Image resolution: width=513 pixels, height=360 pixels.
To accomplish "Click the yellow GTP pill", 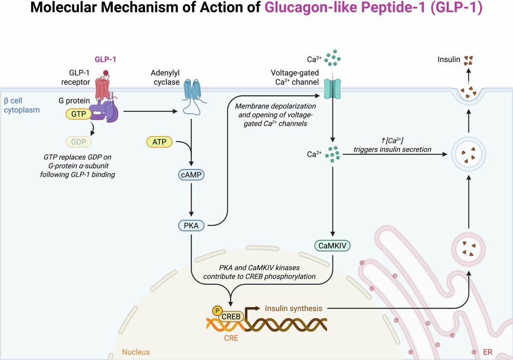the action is point(79,114).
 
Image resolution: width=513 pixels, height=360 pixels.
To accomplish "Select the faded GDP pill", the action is point(79,142).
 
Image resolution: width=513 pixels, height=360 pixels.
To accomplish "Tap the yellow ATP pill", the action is point(159,142).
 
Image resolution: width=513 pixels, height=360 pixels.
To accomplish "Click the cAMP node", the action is point(191,175).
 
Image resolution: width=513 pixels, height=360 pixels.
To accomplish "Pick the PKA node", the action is point(191,226).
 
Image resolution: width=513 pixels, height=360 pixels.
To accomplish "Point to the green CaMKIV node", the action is point(332,246).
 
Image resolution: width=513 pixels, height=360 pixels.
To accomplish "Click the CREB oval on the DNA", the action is point(231,316).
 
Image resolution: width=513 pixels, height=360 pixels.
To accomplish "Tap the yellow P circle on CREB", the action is point(217,311).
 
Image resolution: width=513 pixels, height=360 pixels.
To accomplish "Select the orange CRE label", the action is point(231,338).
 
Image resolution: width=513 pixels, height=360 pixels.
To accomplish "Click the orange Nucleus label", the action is point(136,352).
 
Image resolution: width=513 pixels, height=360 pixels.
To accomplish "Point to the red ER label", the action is point(488,352).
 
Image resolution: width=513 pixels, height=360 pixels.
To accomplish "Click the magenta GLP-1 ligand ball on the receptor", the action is point(106,73).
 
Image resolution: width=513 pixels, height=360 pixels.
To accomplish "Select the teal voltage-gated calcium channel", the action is point(333,89).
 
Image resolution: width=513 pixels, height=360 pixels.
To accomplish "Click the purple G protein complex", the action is point(104,111).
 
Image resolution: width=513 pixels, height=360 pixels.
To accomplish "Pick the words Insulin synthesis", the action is point(293,308).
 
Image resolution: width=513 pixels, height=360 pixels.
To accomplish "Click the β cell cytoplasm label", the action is point(22,105).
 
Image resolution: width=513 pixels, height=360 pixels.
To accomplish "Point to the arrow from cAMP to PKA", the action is point(191,200).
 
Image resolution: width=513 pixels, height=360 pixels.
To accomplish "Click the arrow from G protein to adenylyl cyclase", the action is point(150,111).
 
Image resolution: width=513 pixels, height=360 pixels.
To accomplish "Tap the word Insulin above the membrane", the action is point(448,59).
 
